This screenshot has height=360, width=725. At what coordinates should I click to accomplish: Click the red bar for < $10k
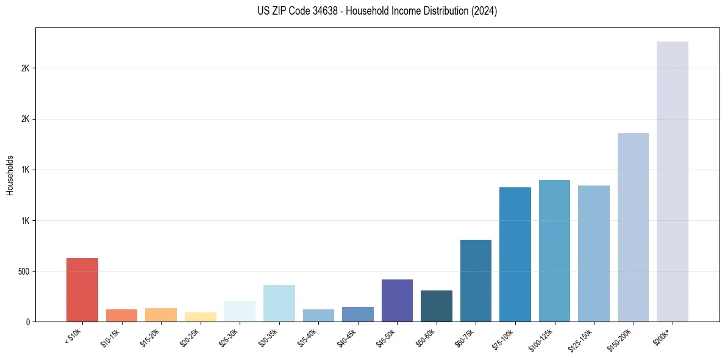point(82,290)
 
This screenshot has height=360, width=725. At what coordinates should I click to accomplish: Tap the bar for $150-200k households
point(633,227)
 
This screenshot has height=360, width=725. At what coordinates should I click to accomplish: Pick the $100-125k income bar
point(554,251)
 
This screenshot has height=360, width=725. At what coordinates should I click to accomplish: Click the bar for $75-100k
point(515,254)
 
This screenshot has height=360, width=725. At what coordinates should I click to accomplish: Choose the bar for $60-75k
point(476,281)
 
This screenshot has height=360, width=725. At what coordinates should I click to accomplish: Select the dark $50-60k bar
point(437,306)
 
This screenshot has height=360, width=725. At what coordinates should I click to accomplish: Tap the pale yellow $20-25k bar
point(201,317)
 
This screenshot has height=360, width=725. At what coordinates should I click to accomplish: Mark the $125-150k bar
point(593,253)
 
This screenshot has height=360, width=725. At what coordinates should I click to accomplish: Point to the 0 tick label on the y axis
point(27,322)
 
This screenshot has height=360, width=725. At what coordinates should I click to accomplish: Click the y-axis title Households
point(10,175)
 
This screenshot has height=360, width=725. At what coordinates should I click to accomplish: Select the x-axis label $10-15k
point(111,337)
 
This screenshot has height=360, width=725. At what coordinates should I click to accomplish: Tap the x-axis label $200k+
point(662,335)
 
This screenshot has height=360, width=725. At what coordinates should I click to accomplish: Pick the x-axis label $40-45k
point(347,337)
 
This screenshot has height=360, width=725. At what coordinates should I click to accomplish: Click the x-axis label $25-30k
point(229,337)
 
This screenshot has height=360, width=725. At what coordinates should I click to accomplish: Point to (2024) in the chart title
point(485,11)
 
